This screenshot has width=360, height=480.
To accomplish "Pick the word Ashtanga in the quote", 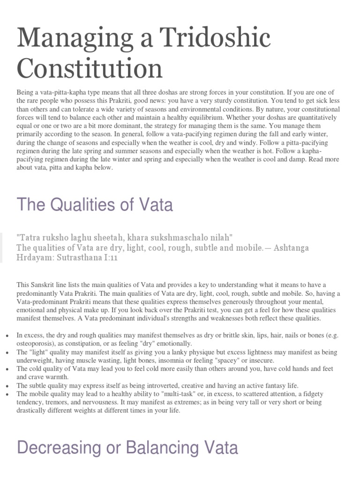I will coord(290,247).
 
